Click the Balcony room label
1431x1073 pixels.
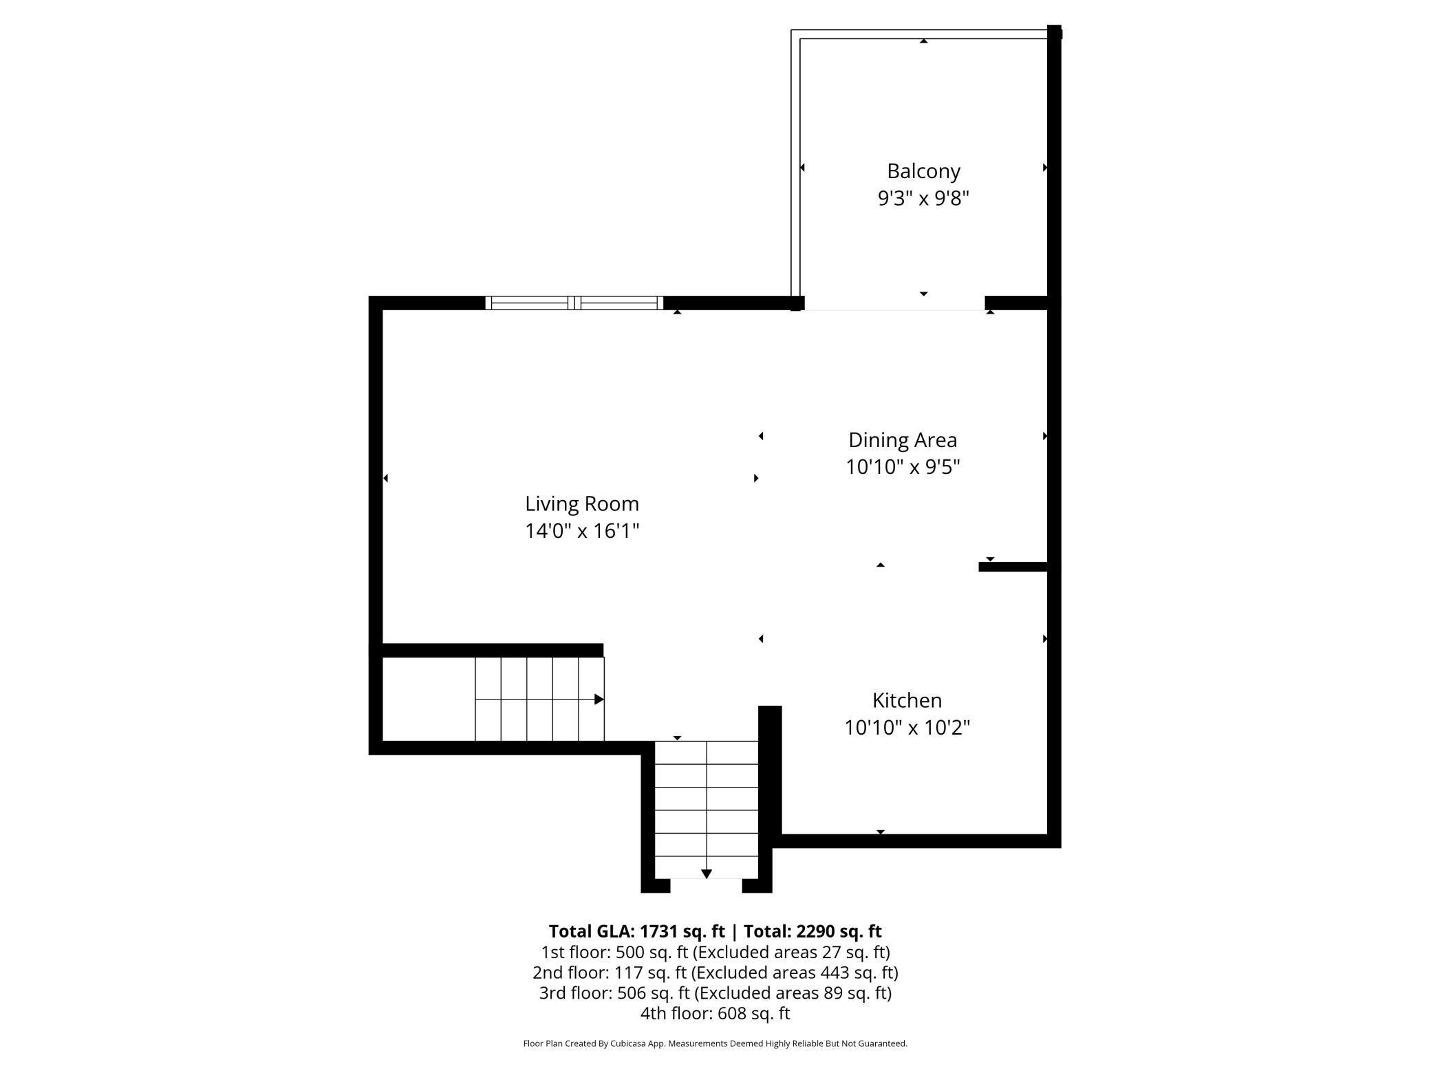click(923, 171)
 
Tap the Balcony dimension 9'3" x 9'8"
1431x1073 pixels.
click(923, 199)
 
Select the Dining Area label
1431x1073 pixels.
click(903, 440)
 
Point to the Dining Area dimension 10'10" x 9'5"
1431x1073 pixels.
click(903, 467)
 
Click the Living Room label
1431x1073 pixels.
click(582, 503)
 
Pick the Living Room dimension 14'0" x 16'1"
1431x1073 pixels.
click(582, 531)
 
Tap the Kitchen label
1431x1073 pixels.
click(907, 700)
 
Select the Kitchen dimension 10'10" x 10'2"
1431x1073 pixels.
click(907, 728)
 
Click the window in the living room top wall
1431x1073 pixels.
click(574, 303)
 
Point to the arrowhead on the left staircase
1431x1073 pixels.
click(599, 700)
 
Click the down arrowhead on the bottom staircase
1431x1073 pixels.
click(706, 874)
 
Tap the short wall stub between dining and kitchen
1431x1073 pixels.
click(1013, 567)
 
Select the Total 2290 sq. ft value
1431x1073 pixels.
click(838, 931)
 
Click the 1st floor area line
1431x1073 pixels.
click(715, 952)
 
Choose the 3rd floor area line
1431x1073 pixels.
click(715, 993)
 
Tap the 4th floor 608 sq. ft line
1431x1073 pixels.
click(715, 1013)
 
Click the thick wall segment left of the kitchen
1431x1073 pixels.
click(770, 770)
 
